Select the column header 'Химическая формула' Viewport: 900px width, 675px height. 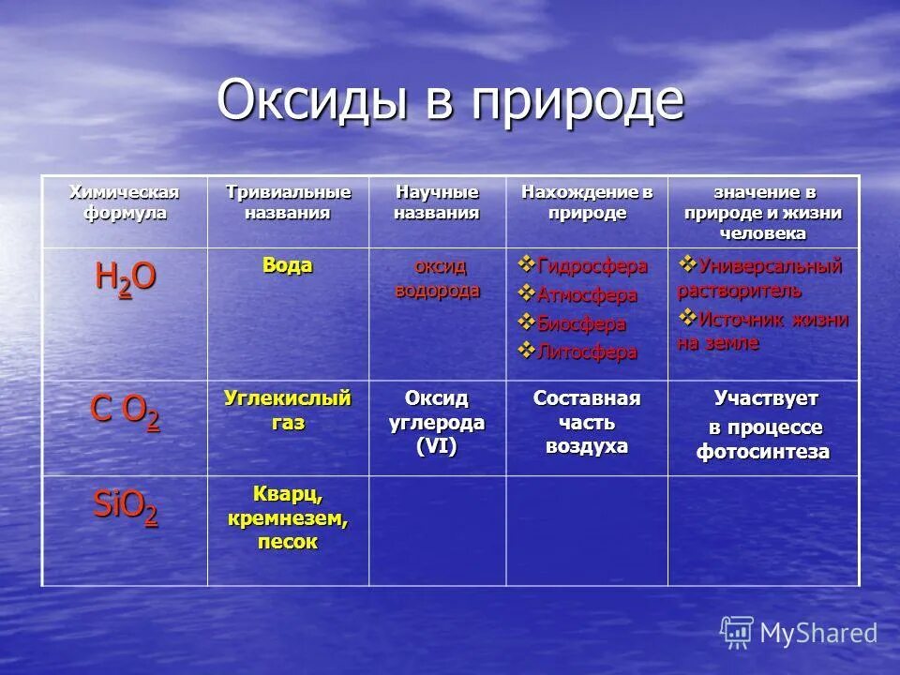123,202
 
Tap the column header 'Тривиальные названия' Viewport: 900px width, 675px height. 288,202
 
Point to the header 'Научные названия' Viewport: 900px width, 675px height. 437,202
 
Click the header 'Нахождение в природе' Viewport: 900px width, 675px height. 587,202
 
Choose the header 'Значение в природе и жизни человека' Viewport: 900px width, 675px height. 763,213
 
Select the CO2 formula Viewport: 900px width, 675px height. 125,412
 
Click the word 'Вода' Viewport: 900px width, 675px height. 287,265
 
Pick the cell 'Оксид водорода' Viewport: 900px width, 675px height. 437,278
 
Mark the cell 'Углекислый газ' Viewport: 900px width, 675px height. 287,411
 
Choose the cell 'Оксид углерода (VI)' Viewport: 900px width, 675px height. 437,423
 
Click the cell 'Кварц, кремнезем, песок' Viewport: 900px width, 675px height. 287,517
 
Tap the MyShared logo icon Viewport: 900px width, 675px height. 737,633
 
